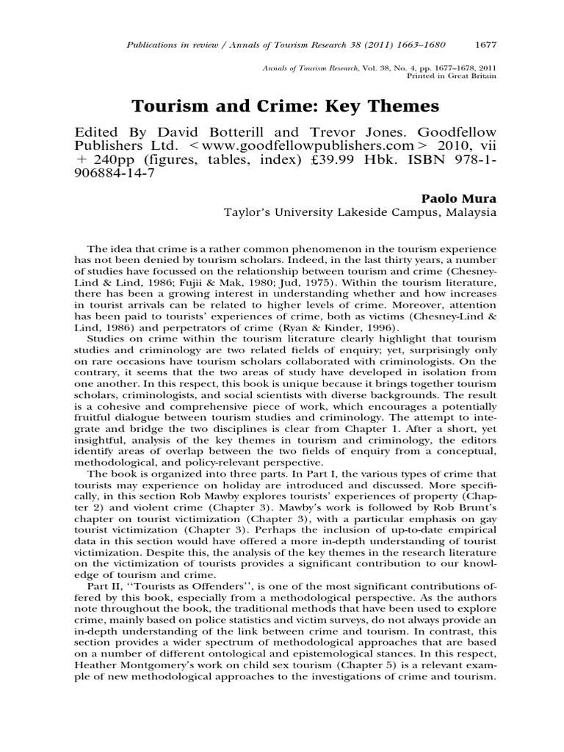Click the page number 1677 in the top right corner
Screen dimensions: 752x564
(485, 44)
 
